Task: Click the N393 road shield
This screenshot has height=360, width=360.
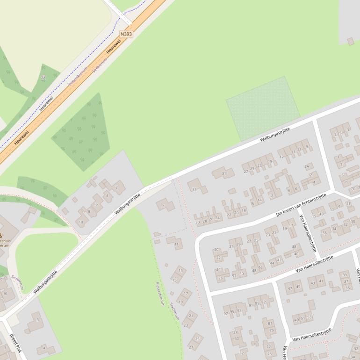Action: coord(126,34)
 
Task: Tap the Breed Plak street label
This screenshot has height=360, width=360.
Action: coord(15,343)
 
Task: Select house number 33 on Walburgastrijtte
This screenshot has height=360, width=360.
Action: coord(194,189)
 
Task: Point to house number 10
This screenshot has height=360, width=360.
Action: coord(81,222)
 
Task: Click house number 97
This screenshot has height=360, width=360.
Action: coord(226,313)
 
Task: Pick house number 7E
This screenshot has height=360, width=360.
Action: coord(348,203)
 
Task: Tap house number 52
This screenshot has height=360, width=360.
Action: coord(234,275)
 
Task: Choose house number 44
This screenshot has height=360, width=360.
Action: coord(272,263)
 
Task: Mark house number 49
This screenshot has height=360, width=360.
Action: coord(295,320)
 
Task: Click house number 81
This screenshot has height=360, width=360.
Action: coord(269,323)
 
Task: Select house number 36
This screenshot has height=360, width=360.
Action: coord(324,233)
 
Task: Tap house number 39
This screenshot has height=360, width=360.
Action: coord(345,275)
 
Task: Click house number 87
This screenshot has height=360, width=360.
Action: coord(263,302)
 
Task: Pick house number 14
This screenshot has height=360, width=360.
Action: coord(260,200)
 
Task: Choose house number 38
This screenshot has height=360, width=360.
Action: coord(294,246)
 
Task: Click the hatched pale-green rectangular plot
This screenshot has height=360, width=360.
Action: coord(263,108)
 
